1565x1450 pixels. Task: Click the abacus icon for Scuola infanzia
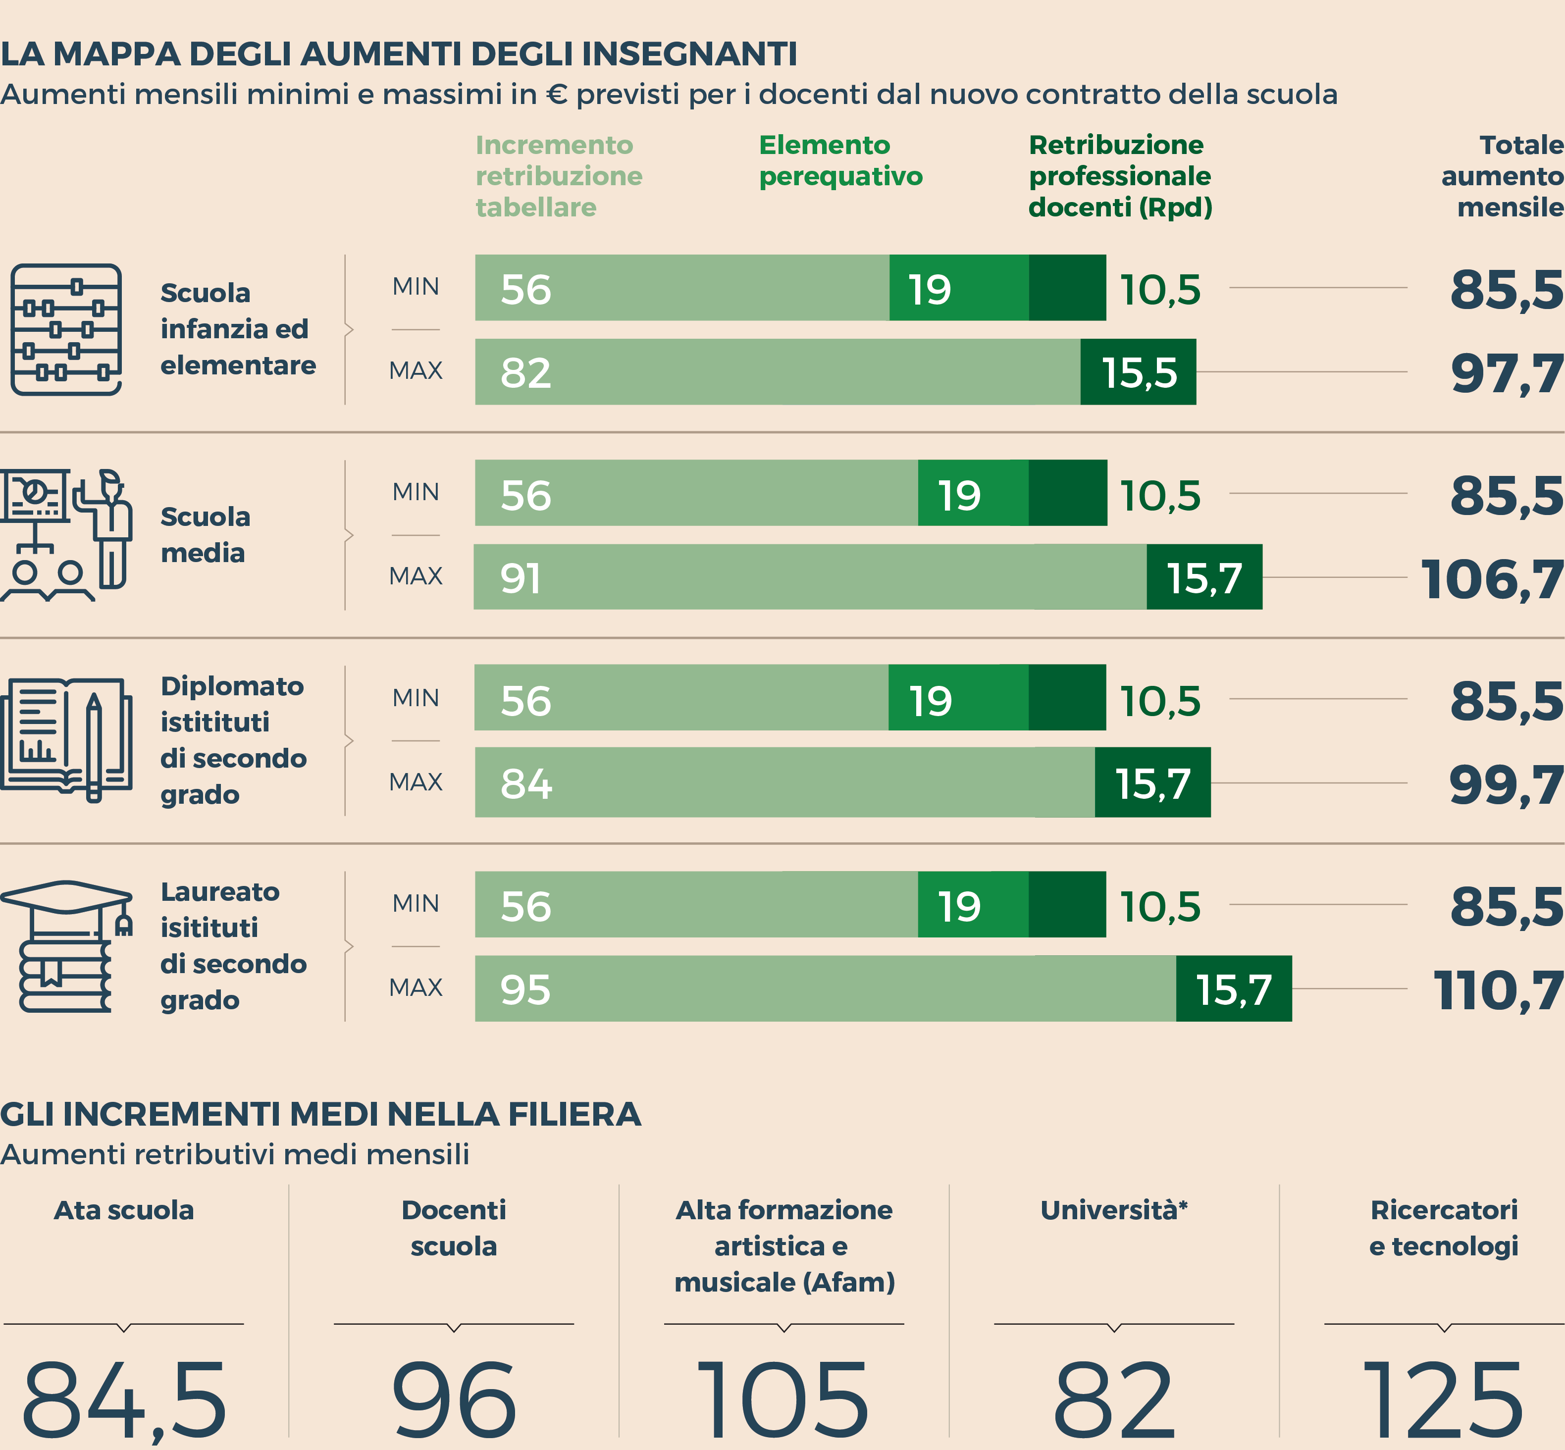(x=66, y=329)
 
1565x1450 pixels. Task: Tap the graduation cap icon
(x=66, y=945)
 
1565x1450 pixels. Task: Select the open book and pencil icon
(x=66, y=740)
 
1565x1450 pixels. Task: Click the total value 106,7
(x=1491, y=580)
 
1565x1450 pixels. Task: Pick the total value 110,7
(x=1498, y=990)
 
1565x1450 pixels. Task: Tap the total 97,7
(x=1506, y=373)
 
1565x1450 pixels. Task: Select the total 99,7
(x=1506, y=784)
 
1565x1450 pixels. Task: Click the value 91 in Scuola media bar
(x=521, y=579)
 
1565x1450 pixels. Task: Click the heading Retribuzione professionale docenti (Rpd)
(x=1120, y=176)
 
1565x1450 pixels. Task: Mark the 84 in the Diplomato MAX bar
(x=526, y=784)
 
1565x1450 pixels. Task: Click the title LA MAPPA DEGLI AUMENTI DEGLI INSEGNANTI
(x=399, y=54)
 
